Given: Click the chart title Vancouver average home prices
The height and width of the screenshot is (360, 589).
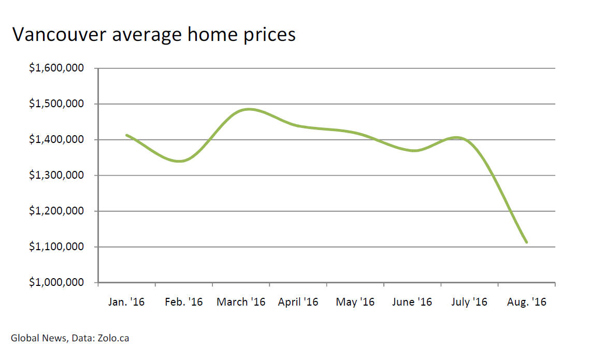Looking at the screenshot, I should (x=154, y=34).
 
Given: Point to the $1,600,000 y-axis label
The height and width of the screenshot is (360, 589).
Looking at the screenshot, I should (x=56, y=68).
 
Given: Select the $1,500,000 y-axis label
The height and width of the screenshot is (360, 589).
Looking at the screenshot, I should (x=56, y=104).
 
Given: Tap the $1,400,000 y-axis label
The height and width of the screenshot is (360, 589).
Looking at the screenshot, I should (x=56, y=139).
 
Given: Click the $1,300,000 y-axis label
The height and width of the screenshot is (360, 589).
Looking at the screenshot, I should (x=56, y=175).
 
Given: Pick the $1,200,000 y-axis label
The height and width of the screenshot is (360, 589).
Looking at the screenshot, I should (x=56, y=211).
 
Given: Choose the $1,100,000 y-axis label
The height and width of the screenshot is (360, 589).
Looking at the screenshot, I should (x=56, y=247).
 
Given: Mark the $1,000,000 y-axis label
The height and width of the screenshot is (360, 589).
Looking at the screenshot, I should (x=56, y=282).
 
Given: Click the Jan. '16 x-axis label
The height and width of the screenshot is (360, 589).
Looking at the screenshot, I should (x=126, y=302).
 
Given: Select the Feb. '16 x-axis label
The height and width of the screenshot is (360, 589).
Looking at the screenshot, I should (x=184, y=302).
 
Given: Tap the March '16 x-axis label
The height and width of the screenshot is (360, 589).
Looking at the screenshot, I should (x=241, y=302).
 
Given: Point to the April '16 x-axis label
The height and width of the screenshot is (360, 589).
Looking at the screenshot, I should (x=298, y=302).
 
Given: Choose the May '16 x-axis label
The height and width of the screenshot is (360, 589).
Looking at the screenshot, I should (x=355, y=302).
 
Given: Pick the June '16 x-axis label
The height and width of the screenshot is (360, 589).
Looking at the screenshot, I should (x=412, y=302).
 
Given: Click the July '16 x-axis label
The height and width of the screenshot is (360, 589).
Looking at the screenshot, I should (x=469, y=302).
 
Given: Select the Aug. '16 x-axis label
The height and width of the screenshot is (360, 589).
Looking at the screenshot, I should (x=527, y=302).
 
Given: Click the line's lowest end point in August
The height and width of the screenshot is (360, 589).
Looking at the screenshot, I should (x=526, y=242).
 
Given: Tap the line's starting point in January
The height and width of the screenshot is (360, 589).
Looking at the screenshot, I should (x=127, y=135).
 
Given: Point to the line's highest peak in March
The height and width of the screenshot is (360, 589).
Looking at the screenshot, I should (x=249, y=109).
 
